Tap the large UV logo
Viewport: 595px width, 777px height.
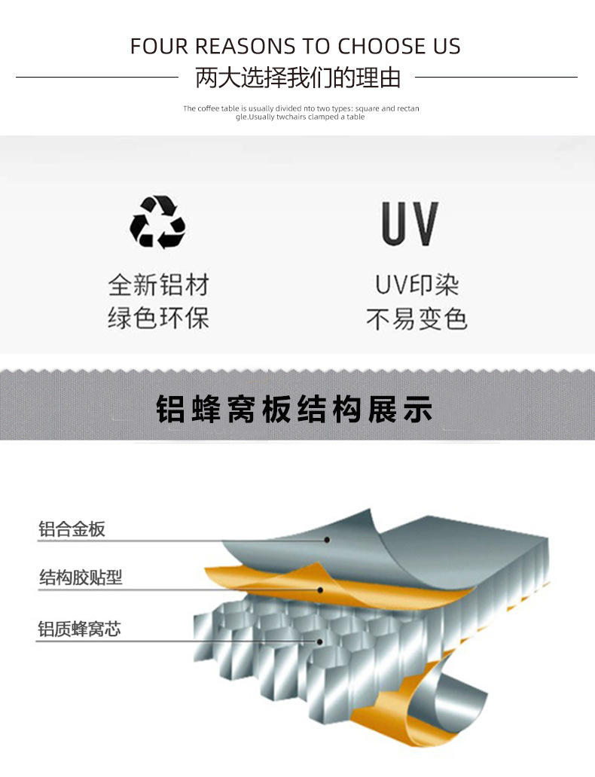coord(410,224)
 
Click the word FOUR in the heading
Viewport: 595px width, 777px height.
coord(159,47)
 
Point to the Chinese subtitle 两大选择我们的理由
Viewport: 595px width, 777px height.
coord(297,78)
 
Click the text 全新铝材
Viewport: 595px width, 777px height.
coord(158,285)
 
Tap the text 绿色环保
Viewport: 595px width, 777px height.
coord(158,318)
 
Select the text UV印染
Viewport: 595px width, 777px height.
coord(416,285)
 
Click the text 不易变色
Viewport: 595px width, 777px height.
coord(416,318)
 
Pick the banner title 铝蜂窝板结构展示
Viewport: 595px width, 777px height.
coord(294,410)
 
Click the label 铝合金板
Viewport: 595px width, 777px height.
coord(72,529)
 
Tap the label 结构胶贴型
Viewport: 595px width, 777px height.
coord(81,577)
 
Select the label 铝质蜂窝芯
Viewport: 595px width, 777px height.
coord(80,629)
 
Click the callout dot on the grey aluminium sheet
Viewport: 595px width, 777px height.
coord(328,540)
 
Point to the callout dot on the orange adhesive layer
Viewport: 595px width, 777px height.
coord(321,590)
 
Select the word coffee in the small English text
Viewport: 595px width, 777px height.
coord(208,108)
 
